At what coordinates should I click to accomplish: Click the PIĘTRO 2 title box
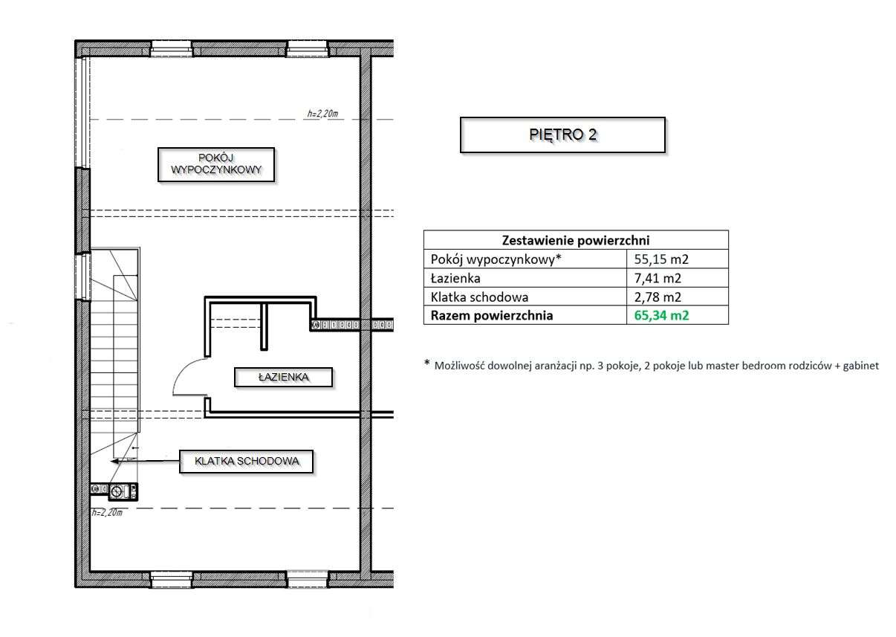click(x=562, y=135)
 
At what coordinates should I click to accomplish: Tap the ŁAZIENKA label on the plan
click(x=283, y=378)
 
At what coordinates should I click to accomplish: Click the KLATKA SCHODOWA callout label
click(x=247, y=462)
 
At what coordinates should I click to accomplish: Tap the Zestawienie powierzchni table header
click(x=576, y=240)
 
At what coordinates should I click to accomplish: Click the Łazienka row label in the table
click(x=455, y=279)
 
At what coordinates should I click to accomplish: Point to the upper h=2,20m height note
click(x=322, y=114)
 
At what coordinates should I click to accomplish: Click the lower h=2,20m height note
click(x=106, y=513)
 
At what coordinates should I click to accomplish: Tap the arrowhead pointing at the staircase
click(x=114, y=462)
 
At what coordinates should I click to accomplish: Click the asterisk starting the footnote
click(x=427, y=363)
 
